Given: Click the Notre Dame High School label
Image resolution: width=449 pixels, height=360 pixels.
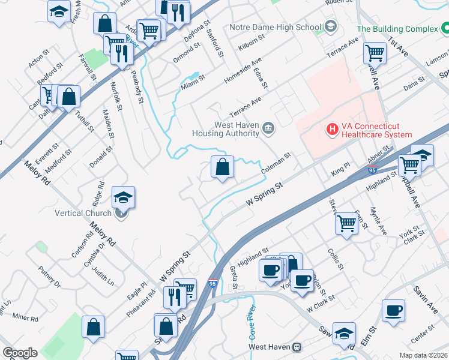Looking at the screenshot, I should pos(275,27).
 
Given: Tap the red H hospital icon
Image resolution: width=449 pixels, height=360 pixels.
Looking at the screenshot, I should pos(331,129).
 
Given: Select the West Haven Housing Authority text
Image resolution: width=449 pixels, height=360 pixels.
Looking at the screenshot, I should pos(229,130).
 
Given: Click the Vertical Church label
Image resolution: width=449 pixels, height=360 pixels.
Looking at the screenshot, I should pos(83,213).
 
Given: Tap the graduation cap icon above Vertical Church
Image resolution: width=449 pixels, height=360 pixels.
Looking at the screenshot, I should pos(123,197).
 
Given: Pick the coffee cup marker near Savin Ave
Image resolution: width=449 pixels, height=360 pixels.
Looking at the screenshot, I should pos(394,311).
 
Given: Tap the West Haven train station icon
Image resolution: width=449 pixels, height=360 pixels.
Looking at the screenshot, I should pos(297,347).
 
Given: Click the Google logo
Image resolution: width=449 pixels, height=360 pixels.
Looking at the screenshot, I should pos(20,353).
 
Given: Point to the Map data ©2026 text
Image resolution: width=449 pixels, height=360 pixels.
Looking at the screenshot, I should pos(424,355).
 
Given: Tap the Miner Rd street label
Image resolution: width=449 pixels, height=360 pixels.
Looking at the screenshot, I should pos(25,317).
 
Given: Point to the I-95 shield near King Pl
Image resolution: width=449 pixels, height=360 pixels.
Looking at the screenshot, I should pos(372,171).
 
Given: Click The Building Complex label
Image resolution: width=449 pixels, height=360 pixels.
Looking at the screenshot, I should pos(397,29).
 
